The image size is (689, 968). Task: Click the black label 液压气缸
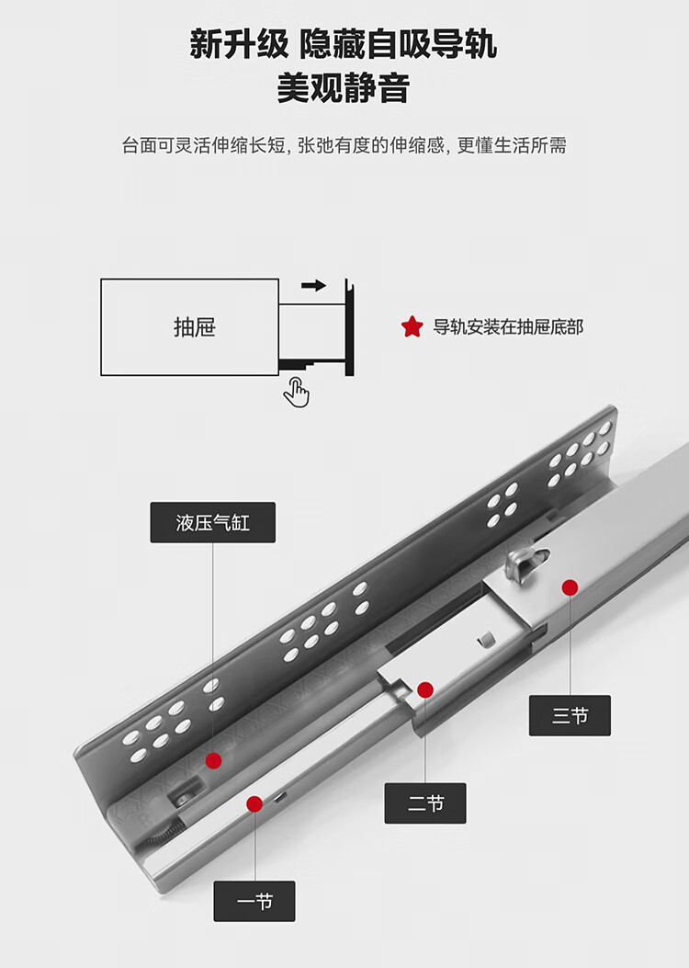point(212,522)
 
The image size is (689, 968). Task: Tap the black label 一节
point(254,901)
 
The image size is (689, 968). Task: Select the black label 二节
point(425,803)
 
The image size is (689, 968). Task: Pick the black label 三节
point(570,715)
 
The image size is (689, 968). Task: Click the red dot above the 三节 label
point(570,586)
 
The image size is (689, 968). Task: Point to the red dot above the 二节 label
point(424,689)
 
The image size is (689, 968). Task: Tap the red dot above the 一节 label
point(254,803)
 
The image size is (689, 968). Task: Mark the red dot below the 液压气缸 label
point(213,760)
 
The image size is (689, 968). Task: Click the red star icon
point(412,326)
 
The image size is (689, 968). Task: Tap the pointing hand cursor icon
point(296,393)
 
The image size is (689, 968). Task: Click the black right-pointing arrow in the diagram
point(313,286)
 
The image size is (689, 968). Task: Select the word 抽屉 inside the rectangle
point(194,327)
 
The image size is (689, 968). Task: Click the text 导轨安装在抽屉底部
point(508,326)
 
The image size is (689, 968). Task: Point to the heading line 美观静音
point(344,90)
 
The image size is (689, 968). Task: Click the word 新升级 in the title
point(237,44)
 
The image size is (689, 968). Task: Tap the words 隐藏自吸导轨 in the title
point(398,44)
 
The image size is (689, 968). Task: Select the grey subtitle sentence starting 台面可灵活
point(344,145)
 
